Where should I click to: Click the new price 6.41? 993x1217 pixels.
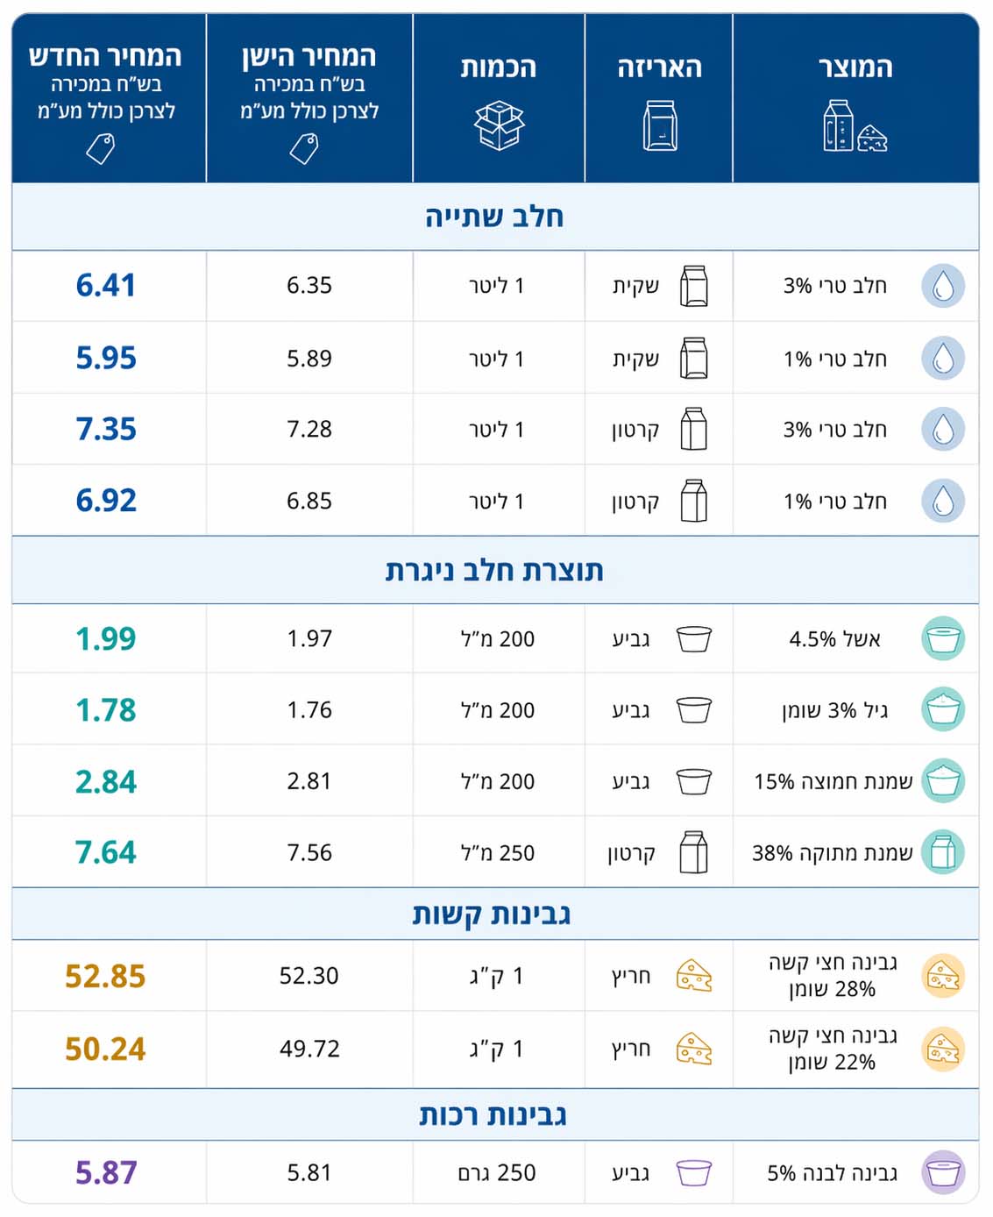pos(105,286)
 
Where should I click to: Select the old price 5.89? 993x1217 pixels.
pos(309,359)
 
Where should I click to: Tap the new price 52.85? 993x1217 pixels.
pos(105,976)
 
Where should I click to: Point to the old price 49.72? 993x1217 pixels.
pos(309,1049)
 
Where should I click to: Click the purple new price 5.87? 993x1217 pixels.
pos(106,1173)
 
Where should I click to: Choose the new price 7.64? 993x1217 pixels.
pos(106,852)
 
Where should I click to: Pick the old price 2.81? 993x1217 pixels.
pos(309,781)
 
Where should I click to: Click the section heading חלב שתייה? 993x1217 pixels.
pos(494,217)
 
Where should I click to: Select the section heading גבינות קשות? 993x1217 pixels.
pos(492,915)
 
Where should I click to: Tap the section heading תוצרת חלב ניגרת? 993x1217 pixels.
pos(494,571)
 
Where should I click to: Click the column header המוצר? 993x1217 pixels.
pos(855,68)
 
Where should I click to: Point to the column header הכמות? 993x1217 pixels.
pos(499,68)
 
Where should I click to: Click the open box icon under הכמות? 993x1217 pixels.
pos(499,126)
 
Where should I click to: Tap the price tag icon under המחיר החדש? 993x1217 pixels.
pos(101,148)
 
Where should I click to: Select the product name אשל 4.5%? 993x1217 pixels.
pos(834,639)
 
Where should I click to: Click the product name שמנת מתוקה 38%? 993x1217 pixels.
pos(832,852)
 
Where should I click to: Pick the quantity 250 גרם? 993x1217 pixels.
pos(497,1173)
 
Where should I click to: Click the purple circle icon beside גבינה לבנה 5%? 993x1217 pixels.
pos(943,1172)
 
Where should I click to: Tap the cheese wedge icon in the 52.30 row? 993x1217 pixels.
pos(694,976)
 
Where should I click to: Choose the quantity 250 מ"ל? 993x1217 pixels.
pos(498,852)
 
